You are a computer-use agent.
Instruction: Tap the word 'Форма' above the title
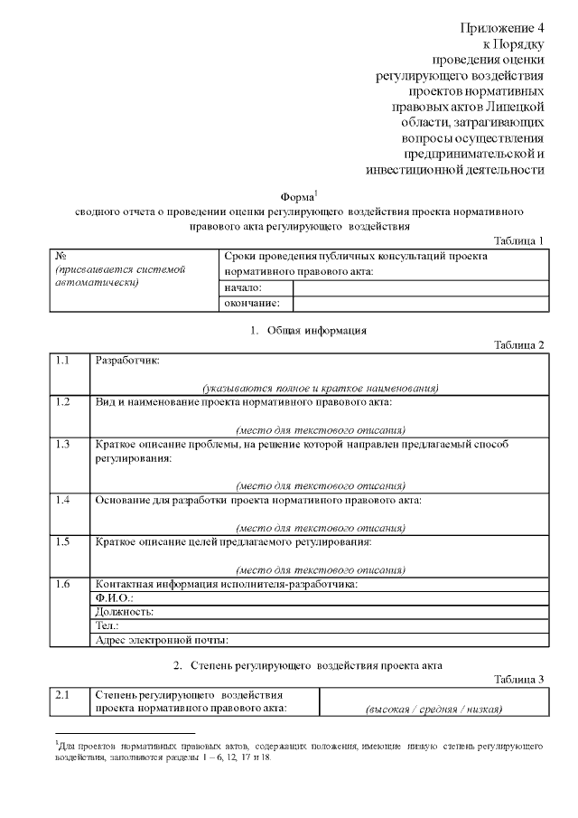[297, 197]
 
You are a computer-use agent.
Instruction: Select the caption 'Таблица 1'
[521, 240]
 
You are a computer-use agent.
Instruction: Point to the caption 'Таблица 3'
[521, 679]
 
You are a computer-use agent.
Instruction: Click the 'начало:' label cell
[242, 287]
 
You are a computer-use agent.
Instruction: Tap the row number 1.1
[62, 361]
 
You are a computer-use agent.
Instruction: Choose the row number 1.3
[62, 444]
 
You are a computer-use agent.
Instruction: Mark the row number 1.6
[62, 584]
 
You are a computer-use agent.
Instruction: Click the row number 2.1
[62, 695]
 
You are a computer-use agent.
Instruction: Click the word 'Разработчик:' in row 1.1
[126, 361]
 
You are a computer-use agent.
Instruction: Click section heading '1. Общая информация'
[309, 330]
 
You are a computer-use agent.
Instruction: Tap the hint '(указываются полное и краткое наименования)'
[320, 388]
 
